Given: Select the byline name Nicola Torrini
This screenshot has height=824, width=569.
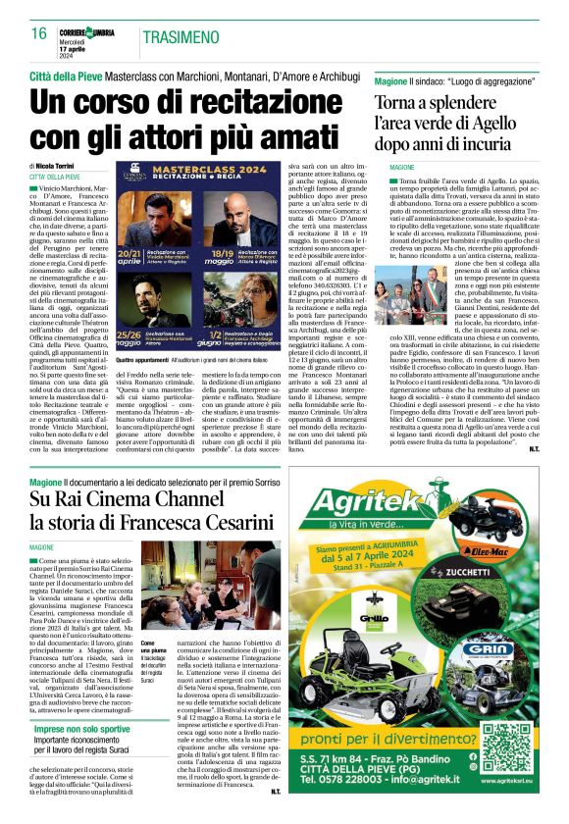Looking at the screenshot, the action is (62, 167).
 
